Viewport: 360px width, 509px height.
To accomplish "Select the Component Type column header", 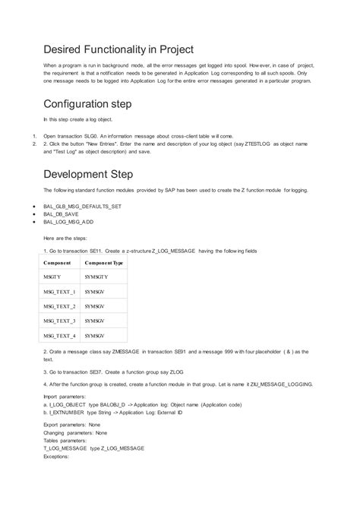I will coord(104,262).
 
